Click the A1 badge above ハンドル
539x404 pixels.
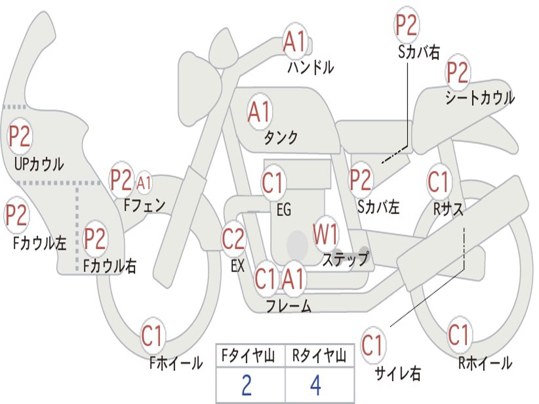click(x=295, y=42)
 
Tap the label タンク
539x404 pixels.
click(x=281, y=138)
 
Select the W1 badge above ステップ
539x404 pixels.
click(x=326, y=235)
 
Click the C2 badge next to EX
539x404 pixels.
click(x=233, y=239)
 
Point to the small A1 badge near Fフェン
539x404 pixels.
click(x=144, y=183)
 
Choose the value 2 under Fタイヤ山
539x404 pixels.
click(x=246, y=386)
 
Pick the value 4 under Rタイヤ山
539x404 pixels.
click(x=315, y=386)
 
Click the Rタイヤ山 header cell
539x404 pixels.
click(x=319, y=357)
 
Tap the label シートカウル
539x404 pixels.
click(x=480, y=98)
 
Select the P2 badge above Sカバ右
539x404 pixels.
click(x=406, y=25)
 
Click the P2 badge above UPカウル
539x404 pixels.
click(x=19, y=137)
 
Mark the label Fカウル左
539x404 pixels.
click(x=40, y=243)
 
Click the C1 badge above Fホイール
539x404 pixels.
click(x=153, y=336)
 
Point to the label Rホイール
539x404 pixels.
click(x=485, y=363)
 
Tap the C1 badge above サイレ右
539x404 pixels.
click(x=373, y=346)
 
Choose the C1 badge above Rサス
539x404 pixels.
click(x=438, y=182)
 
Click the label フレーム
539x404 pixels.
click(x=288, y=305)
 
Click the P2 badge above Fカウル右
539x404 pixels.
click(x=95, y=239)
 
